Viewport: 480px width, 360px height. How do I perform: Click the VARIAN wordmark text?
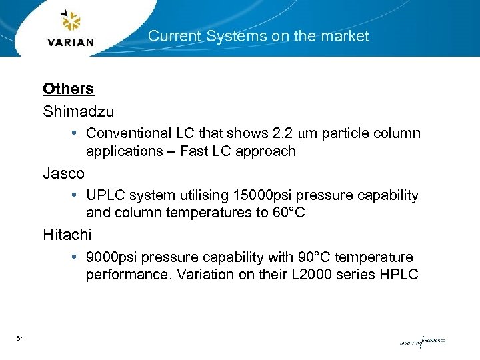tap(71, 42)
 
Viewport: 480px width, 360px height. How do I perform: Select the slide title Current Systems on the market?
tap(258, 36)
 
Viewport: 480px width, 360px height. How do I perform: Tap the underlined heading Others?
tap(68, 89)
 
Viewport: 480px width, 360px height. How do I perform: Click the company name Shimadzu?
tap(78, 111)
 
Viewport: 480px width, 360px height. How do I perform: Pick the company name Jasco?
tap(63, 173)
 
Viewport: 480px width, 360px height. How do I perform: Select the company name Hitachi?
tap(67, 235)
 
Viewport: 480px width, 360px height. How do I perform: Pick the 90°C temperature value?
tap(303, 257)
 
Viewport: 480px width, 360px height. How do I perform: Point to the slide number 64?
tap(21, 339)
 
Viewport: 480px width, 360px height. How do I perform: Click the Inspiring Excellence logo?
tap(421, 342)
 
